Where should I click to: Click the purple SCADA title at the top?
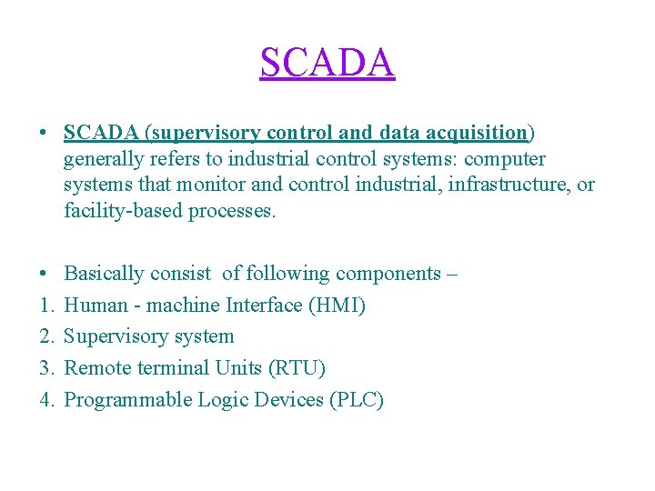click(x=327, y=63)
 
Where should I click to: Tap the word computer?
click(x=505, y=159)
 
